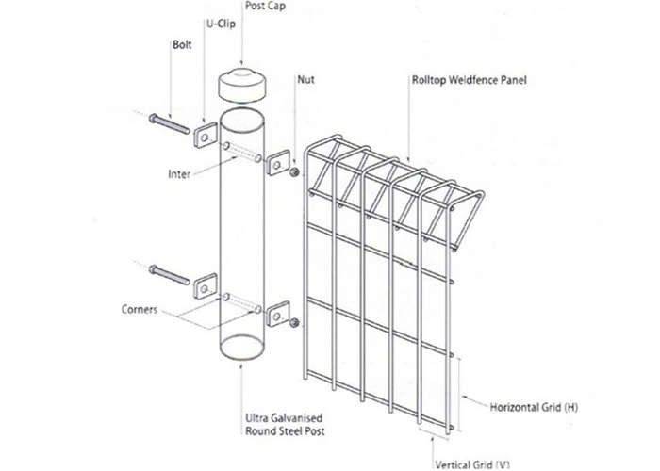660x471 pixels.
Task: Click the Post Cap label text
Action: pos(265,6)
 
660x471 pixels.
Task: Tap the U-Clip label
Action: pos(221,24)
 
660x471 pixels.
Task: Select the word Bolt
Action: pos(182,44)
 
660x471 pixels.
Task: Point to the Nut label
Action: pos(305,79)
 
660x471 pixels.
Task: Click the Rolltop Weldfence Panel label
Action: pos(469,80)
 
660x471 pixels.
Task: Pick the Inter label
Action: pos(179,173)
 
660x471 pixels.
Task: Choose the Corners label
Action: pos(139,309)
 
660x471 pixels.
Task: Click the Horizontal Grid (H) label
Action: pos(534,407)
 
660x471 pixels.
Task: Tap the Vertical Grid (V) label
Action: pos(472,464)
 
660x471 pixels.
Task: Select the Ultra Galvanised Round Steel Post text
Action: pos(285,424)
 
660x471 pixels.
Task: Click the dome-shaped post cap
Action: pos(241,87)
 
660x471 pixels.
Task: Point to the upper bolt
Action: pos(169,123)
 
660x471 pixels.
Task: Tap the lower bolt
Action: pos(169,275)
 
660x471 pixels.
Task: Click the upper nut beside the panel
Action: pos(294,171)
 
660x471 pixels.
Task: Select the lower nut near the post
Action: pos(294,323)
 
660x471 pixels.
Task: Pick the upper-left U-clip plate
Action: pos(206,135)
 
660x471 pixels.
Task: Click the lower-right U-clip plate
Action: pos(278,314)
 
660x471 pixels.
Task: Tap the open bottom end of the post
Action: pos(241,346)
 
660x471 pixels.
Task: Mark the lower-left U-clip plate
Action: pos(206,286)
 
